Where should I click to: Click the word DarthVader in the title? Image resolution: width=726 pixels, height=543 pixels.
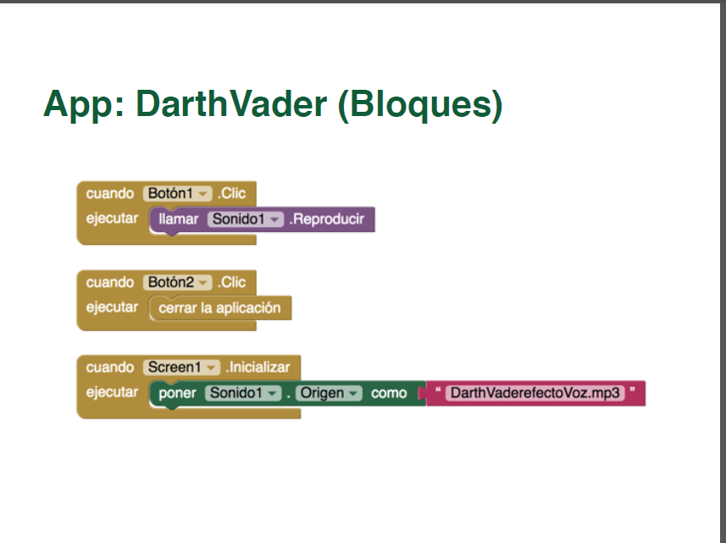[x=231, y=104]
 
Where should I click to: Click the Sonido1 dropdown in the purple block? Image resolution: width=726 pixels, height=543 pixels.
[x=245, y=220]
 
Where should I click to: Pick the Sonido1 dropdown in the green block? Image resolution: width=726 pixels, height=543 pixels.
[x=243, y=394]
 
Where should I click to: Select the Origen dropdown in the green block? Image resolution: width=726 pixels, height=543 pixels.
[x=329, y=394]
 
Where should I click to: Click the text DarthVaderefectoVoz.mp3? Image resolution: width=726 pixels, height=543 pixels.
[x=535, y=394]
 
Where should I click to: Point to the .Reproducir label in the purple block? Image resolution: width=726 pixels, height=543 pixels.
[x=327, y=220]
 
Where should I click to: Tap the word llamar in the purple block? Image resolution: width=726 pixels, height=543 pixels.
[x=179, y=220]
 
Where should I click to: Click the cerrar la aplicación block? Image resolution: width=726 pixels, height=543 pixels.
[x=219, y=308]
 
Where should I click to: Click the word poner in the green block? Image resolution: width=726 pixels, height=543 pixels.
[x=177, y=394]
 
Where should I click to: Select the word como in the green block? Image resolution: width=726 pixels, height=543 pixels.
[x=389, y=394]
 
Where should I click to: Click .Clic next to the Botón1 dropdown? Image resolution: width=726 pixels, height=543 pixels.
[x=231, y=194]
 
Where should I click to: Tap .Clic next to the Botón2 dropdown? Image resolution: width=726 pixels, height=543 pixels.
[x=231, y=282]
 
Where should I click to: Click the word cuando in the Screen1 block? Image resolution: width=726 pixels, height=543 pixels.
[x=110, y=368]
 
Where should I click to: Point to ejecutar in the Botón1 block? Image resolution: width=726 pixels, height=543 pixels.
[x=112, y=219]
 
